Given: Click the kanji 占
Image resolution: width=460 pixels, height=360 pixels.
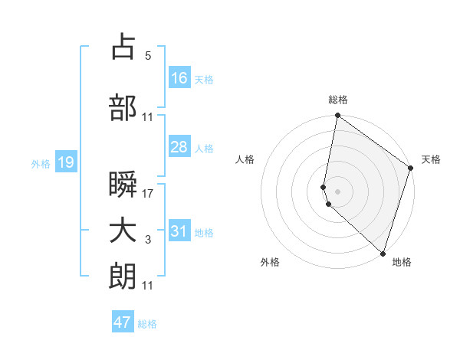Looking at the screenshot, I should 123,47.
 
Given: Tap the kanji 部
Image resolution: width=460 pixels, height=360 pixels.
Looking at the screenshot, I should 123,109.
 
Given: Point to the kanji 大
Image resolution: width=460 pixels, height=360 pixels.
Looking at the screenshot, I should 123,232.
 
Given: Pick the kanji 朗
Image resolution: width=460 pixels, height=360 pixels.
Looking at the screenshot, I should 123,277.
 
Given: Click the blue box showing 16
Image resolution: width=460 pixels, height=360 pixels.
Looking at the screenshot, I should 179,78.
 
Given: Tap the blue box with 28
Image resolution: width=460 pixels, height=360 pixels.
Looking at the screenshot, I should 179,147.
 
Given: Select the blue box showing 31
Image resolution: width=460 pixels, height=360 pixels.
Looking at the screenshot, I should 179,231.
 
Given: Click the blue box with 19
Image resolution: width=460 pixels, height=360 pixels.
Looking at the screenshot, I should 65,162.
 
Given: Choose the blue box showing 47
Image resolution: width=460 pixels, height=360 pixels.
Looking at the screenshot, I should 123,322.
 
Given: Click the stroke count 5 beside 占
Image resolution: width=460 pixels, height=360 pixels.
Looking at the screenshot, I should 147,56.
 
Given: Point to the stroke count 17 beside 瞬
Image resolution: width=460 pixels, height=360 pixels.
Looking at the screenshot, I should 148,194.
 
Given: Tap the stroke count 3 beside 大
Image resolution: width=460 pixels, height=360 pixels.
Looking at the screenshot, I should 147,241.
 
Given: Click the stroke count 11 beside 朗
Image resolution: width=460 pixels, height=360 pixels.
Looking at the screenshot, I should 148,286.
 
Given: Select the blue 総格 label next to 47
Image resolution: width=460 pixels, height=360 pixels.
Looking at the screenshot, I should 147,324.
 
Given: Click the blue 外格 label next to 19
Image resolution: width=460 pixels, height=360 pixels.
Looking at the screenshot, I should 41,163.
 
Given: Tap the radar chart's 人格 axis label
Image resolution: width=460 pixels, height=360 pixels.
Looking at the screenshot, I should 245,159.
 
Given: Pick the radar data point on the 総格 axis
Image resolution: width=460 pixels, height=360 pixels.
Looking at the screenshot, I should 337,116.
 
